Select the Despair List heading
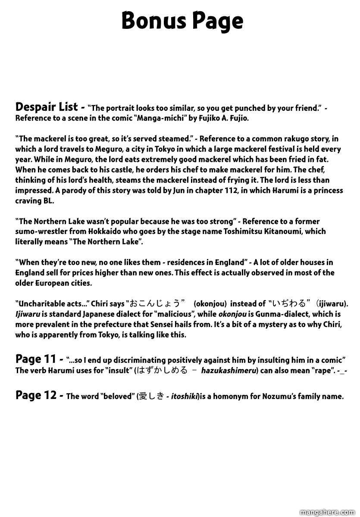[x=47, y=106]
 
